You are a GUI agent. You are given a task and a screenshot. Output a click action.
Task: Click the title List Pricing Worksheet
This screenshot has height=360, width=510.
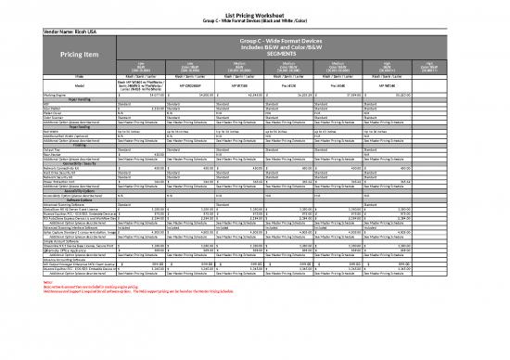pyautogui.click(x=255, y=6)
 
